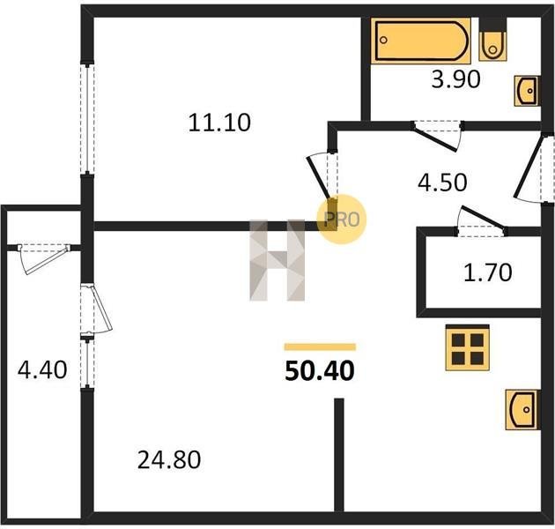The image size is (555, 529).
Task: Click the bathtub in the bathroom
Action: pyautogui.click(x=421, y=41)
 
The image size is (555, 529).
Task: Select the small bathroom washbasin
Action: pyautogui.click(x=527, y=91)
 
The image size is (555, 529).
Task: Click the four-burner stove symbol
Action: pyautogui.click(x=468, y=347)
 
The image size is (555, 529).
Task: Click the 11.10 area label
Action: pyautogui.click(x=219, y=123)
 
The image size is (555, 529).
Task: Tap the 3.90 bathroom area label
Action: pyautogui.click(x=456, y=79)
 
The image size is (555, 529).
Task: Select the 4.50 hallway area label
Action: pyautogui.click(x=442, y=183)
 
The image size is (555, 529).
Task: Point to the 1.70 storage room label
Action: pyautogui.click(x=488, y=272)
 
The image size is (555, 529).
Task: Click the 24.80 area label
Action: pyautogui.click(x=169, y=459)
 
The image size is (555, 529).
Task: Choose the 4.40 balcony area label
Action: pyautogui.click(x=42, y=369)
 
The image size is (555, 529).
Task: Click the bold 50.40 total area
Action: pyautogui.click(x=320, y=371)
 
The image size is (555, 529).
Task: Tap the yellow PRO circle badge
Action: pyautogui.click(x=341, y=219)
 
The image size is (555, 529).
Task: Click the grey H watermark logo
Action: pyautogui.click(x=277, y=260)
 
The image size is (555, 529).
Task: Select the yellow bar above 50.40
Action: pyautogui.click(x=320, y=346)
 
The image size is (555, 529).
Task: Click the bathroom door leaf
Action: pyautogui.click(x=435, y=139)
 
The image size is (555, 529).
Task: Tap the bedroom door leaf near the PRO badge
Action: pyautogui.click(x=320, y=179)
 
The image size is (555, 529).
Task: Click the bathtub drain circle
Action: pyautogui.click(x=384, y=40)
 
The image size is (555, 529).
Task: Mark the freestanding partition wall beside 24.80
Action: pyautogui.click(x=339, y=455)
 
